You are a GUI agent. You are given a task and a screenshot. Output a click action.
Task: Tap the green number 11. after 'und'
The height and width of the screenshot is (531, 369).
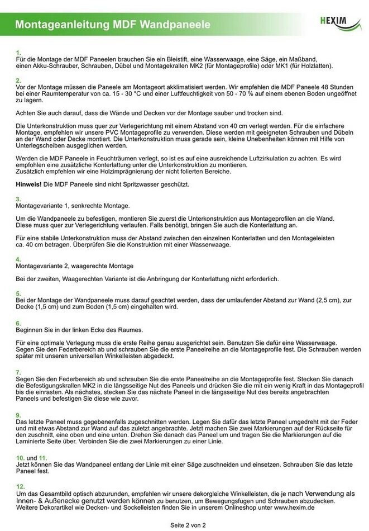click(x=42, y=458)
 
